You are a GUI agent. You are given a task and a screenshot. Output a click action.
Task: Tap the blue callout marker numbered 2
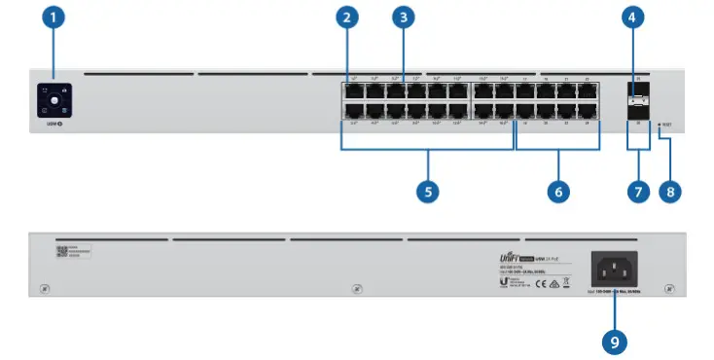coord(347,17)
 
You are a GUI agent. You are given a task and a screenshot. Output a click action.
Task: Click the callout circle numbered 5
coord(428,191)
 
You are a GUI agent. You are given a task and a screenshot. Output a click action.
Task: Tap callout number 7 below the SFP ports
coord(639,191)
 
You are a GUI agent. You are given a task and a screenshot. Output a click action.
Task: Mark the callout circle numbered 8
coord(669,191)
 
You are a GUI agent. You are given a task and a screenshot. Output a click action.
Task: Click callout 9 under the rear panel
coord(613,342)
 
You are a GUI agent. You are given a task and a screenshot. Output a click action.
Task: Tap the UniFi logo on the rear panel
coord(512,250)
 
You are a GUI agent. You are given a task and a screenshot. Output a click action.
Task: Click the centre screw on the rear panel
coord(357,289)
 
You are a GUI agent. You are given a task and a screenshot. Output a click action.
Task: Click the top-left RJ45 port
coord(350,90)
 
